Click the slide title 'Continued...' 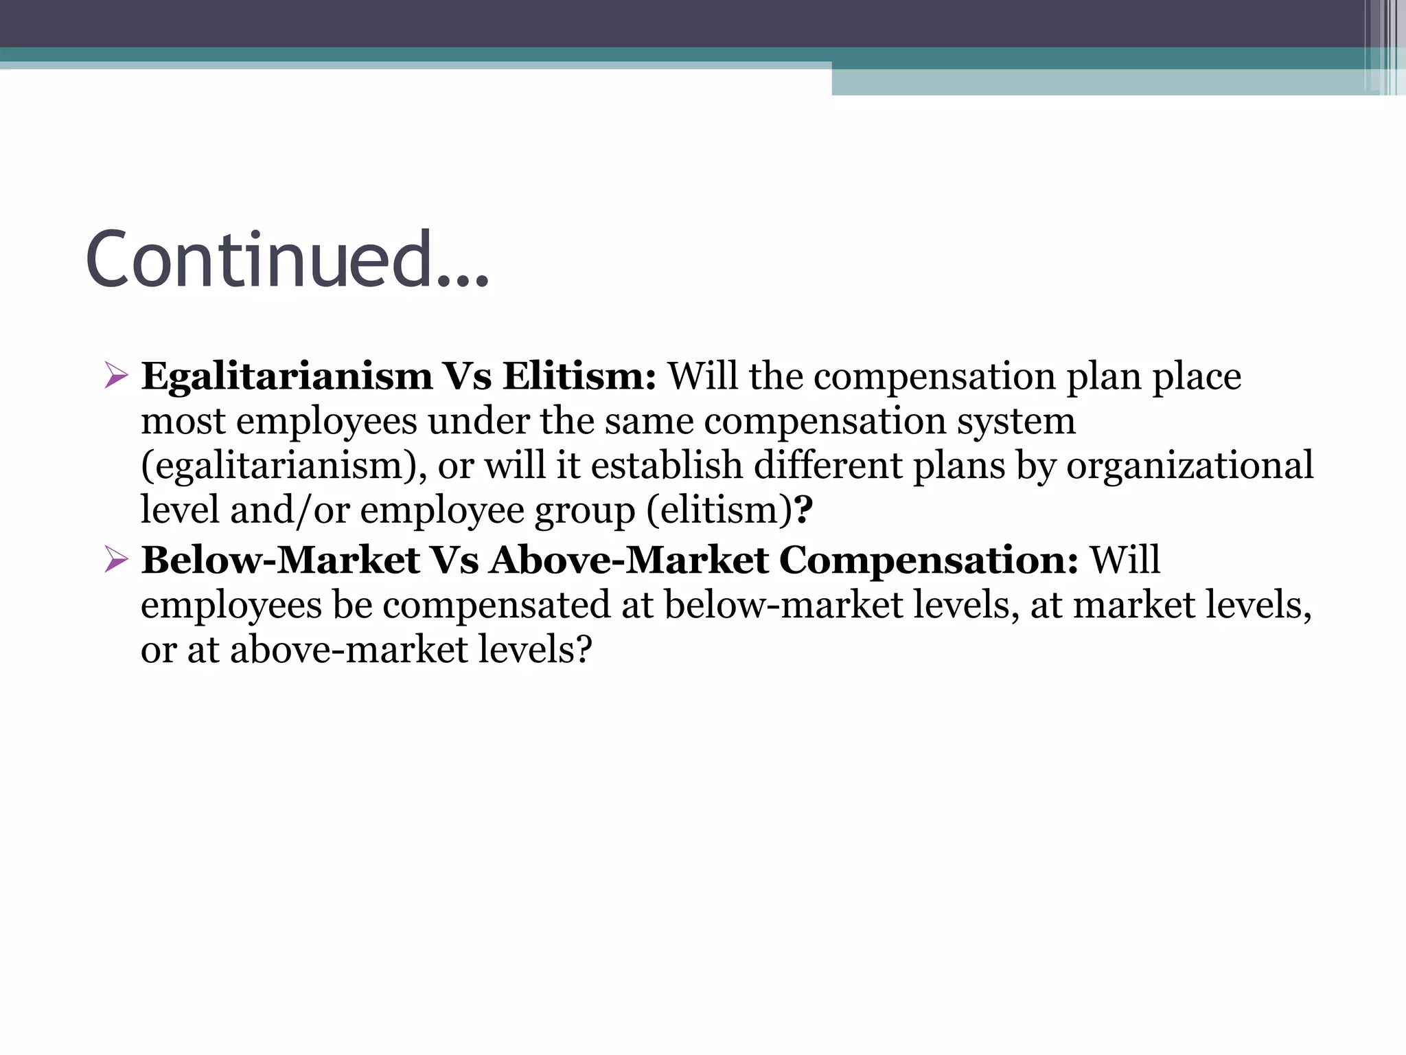point(287,260)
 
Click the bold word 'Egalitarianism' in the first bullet point(287,376)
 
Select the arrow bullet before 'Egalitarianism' point(116,376)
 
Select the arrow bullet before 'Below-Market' point(116,560)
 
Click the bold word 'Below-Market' point(280,560)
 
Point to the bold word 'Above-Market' point(629,560)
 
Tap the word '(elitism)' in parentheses point(719,510)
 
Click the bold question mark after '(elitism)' point(803,510)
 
